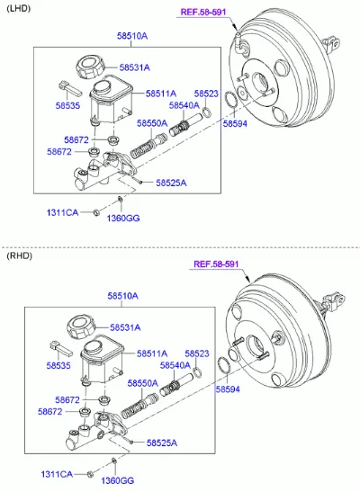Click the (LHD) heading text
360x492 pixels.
click(19, 8)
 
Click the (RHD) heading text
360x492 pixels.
click(19, 255)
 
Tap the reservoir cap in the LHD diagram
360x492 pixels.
click(90, 67)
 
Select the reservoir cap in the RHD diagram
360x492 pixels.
click(81, 327)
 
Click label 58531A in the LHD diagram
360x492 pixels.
click(135, 67)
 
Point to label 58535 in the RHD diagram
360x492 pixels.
click(58, 365)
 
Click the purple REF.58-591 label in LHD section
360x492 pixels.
click(203, 13)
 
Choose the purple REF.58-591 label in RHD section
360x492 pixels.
click(216, 264)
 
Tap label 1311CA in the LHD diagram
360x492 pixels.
click(62, 212)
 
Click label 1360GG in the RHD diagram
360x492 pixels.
click(117, 480)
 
